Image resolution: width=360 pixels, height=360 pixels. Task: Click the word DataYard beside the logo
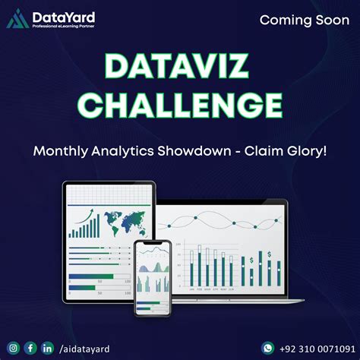[57, 15]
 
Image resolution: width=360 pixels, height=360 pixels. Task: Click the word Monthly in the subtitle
[62, 151]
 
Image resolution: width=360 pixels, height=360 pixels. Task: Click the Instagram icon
[12, 348]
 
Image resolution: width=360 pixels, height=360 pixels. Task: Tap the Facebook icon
[30, 348]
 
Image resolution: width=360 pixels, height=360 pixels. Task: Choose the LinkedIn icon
[48, 348]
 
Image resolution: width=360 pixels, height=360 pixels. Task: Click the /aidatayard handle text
[84, 349]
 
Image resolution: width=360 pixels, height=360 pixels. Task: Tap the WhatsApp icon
[267, 348]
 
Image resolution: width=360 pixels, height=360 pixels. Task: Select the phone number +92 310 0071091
[314, 349]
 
